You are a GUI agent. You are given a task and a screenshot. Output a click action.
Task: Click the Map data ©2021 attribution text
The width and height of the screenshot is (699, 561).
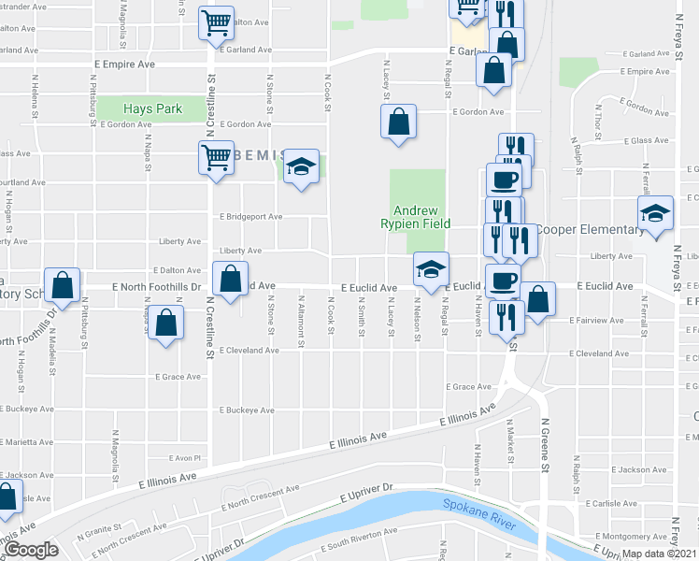tap(659, 554)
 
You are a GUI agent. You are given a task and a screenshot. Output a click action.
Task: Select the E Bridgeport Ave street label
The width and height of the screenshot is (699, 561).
tap(250, 217)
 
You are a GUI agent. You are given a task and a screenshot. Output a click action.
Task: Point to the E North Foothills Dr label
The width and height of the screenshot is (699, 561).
tap(156, 287)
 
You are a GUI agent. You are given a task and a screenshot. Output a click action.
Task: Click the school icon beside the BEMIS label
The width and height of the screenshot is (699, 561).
tap(301, 166)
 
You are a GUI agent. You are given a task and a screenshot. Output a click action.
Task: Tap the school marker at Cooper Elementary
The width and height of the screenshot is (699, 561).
tap(655, 214)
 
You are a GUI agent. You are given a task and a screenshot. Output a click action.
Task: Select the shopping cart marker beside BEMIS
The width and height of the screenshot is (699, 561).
tap(216, 157)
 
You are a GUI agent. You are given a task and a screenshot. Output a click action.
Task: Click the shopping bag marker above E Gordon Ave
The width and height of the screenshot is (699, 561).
tap(399, 122)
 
